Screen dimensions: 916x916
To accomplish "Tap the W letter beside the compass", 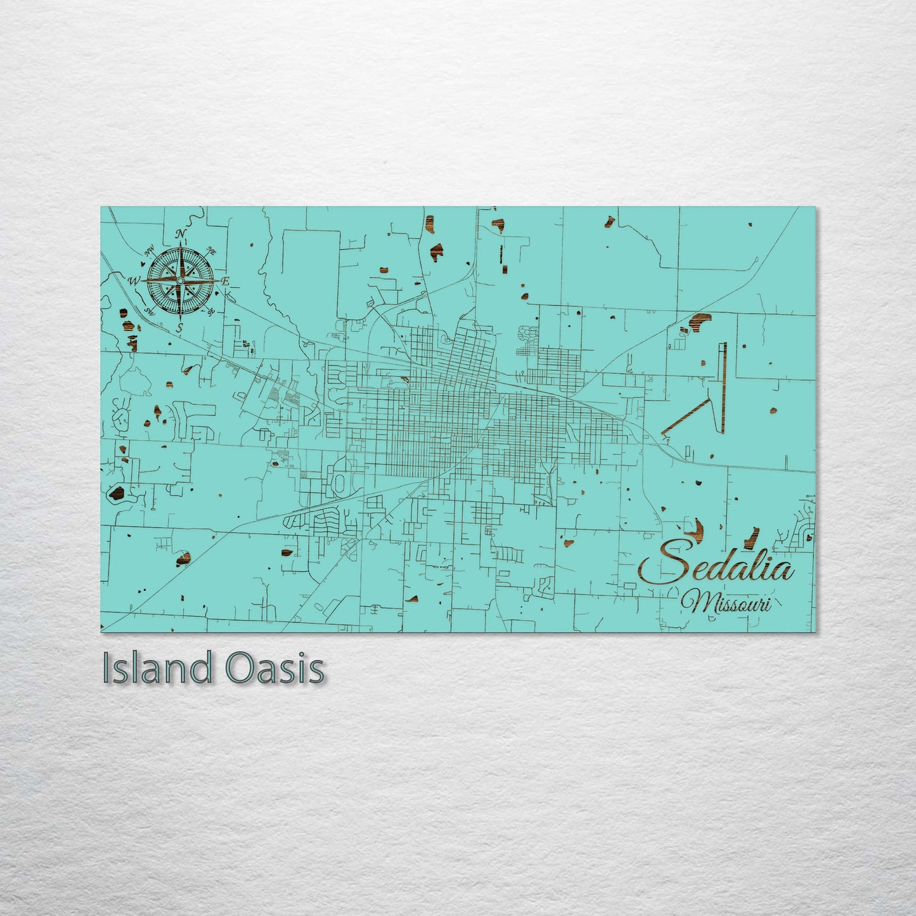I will click(x=134, y=281).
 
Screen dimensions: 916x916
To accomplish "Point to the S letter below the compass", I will click(x=179, y=327).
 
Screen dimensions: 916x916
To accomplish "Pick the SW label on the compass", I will click(x=150, y=311).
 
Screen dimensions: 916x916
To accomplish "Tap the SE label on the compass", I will click(x=211, y=311).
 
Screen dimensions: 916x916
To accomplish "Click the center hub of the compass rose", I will click(x=180, y=280).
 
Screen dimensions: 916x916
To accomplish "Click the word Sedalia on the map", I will click(x=716, y=567).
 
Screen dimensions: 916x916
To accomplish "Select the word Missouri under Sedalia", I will click(x=726, y=603).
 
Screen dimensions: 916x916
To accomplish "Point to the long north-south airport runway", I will click(x=723, y=388).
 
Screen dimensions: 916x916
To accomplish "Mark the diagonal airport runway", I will click(x=685, y=417).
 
